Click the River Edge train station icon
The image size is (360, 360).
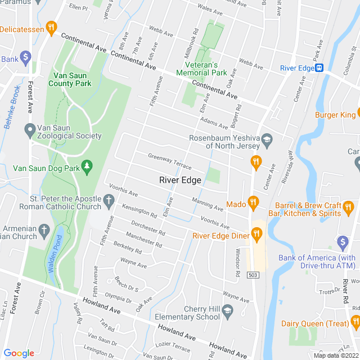coord(319,68)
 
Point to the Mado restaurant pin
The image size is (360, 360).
coord(253,202)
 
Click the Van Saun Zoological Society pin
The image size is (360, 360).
coord(30,130)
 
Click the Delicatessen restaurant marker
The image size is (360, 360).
coord(51,27)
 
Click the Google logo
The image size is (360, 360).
coord(19,353)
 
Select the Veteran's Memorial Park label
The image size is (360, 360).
coord(201,69)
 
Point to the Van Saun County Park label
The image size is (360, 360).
coord(72,79)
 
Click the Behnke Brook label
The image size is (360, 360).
coord(12,107)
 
